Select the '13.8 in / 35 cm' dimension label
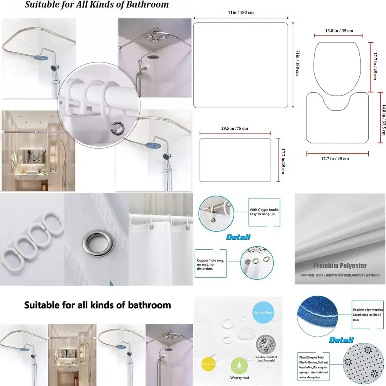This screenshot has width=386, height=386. pos(339,30)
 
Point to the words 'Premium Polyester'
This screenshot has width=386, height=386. pos(340,266)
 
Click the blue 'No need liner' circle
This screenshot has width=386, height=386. pos(264,312)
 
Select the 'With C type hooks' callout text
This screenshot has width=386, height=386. pos(264,212)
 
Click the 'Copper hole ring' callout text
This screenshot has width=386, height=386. pos(210,264)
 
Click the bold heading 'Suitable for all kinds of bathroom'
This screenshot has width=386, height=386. pos(97,305)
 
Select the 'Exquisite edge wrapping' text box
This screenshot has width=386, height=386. pos(367,314)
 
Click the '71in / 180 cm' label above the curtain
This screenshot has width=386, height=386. pos(241,12)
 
